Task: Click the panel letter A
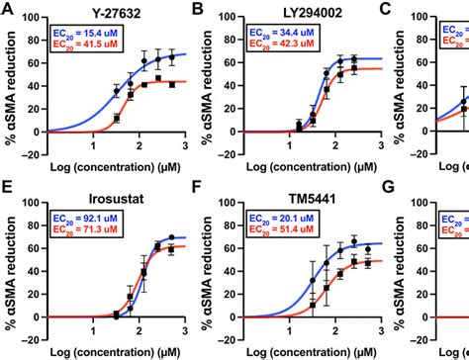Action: pyautogui.click(x=7, y=11)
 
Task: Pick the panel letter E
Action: pyautogui.click(x=7, y=198)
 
